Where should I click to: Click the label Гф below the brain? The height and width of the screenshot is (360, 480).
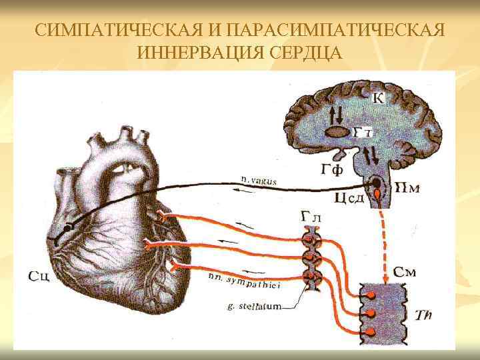[x=331, y=169]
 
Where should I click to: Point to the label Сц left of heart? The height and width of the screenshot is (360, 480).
[x=39, y=275]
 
